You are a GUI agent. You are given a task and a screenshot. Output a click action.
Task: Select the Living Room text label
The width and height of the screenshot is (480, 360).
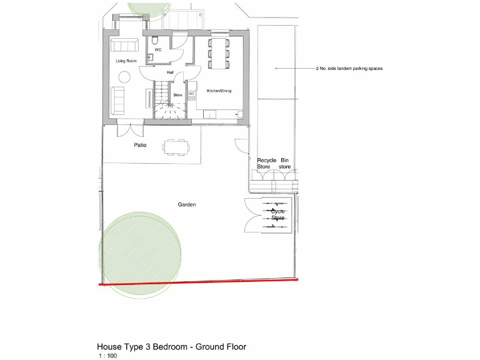click(x=126, y=61)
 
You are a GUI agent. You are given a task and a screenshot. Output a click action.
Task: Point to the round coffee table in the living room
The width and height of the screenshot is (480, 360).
click(x=124, y=77)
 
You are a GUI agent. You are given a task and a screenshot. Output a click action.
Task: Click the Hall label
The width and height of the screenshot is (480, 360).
click(x=170, y=72)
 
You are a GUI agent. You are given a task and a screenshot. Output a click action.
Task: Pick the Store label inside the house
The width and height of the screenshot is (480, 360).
click(x=177, y=95)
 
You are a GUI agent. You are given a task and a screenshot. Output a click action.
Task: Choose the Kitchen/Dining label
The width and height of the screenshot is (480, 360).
click(x=219, y=91)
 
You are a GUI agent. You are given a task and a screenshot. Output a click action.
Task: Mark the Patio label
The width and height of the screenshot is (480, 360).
click(x=140, y=145)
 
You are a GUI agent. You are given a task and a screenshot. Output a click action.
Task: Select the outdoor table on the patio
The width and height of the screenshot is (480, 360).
click(x=176, y=147)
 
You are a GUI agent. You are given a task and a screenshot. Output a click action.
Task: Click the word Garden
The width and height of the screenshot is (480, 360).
click(x=187, y=204)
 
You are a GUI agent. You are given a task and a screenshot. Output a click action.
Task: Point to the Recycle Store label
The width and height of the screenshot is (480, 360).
click(x=267, y=164)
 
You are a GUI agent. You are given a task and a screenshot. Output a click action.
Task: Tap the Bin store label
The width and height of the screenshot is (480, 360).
click(x=285, y=164)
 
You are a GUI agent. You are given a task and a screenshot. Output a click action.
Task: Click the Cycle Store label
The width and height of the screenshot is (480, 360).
click(x=278, y=214)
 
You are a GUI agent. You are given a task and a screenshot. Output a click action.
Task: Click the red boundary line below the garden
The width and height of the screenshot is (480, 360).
click(x=200, y=282)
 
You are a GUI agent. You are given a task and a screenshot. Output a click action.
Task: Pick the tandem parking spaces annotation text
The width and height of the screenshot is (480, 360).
click(x=349, y=68)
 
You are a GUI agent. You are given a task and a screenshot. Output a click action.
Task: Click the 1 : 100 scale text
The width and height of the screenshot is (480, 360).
click(x=107, y=356)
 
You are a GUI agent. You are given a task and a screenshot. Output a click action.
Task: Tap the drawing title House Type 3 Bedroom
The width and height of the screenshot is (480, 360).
click(x=171, y=346)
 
